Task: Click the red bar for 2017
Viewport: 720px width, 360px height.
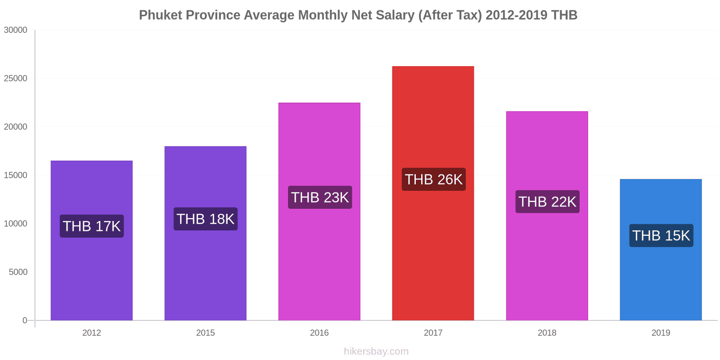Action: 433,252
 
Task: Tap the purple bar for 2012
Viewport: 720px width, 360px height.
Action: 91,279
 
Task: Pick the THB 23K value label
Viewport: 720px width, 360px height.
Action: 319,197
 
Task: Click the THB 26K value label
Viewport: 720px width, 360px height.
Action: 433,179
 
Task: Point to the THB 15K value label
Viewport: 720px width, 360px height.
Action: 661,235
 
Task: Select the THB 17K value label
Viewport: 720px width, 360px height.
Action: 91,226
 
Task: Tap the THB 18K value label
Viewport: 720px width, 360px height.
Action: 205,219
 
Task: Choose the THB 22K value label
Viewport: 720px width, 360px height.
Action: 547,202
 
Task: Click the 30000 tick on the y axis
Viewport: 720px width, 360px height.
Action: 16,30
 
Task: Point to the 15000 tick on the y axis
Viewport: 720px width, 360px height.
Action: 16,175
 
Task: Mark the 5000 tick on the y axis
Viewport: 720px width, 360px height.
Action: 18,272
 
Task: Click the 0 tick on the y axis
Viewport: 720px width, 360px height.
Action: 25,320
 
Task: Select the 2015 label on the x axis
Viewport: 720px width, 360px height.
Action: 205,333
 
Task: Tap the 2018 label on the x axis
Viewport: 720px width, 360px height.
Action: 547,333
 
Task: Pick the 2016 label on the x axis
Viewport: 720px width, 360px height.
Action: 319,333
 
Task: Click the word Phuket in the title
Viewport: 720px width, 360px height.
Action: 160,15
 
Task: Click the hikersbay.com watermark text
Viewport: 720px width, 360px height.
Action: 376,351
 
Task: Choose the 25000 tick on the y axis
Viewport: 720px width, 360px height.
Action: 16,79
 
